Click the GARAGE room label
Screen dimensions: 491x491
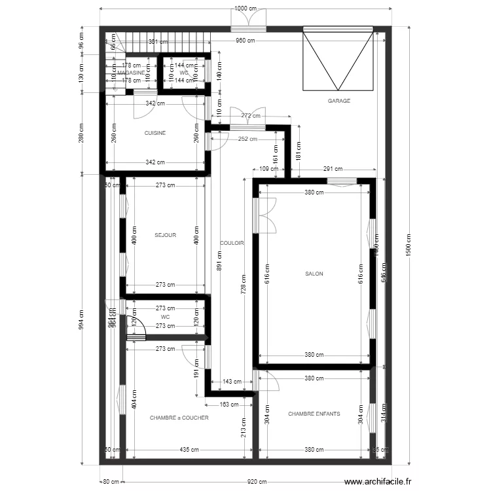click(339, 101)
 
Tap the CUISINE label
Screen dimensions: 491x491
click(155, 133)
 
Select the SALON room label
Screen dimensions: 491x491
click(314, 274)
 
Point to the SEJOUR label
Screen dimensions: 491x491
click(165, 235)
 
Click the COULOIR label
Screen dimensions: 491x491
click(232, 243)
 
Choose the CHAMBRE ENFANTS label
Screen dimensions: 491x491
click(314, 414)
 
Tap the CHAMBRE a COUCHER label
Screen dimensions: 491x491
click(179, 418)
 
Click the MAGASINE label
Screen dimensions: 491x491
click(131, 73)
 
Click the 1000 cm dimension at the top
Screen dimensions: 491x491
click(245, 9)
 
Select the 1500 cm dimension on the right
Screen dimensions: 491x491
click(408, 245)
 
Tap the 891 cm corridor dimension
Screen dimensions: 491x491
click(219, 262)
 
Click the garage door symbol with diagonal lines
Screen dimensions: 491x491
click(338, 60)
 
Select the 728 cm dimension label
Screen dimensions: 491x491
click(244, 283)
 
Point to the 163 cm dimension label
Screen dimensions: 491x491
click(229, 405)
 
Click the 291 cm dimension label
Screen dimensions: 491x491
click(332, 170)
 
